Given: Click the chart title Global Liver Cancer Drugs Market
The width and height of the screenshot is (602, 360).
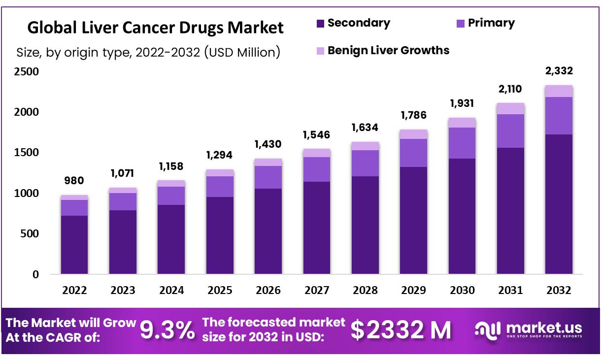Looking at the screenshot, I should (x=155, y=28).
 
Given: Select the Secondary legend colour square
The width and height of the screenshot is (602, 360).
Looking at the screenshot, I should (x=321, y=23).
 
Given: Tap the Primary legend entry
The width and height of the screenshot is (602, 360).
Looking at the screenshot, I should (x=486, y=23).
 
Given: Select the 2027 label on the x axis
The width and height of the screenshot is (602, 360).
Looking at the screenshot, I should (x=317, y=290).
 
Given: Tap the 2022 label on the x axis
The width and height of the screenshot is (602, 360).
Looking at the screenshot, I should (x=74, y=290).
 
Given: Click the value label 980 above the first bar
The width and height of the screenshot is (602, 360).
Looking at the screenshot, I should (x=74, y=181).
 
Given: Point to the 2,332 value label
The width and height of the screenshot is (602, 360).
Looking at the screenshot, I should (x=559, y=71).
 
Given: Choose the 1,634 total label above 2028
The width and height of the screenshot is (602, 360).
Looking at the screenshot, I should (x=365, y=128).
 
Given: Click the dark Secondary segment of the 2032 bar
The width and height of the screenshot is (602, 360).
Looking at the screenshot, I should (x=559, y=204).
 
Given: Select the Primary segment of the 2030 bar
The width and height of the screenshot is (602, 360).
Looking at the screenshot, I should (x=462, y=143).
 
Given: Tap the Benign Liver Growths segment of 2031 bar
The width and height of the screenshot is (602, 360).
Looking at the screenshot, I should (x=510, y=108).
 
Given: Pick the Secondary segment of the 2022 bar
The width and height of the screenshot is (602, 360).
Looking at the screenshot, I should (x=74, y=244).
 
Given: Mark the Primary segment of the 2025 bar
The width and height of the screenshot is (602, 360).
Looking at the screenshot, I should (x=220, y=187).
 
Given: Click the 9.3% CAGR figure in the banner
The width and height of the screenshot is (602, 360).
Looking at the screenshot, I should (x=167, y=330).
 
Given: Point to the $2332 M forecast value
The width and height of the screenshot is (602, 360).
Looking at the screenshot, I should (x=401, y=330).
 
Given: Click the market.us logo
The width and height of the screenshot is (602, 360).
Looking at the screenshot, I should (x=528, y=329).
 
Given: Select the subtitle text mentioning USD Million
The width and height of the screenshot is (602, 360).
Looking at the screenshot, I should (x=148, y=52).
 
